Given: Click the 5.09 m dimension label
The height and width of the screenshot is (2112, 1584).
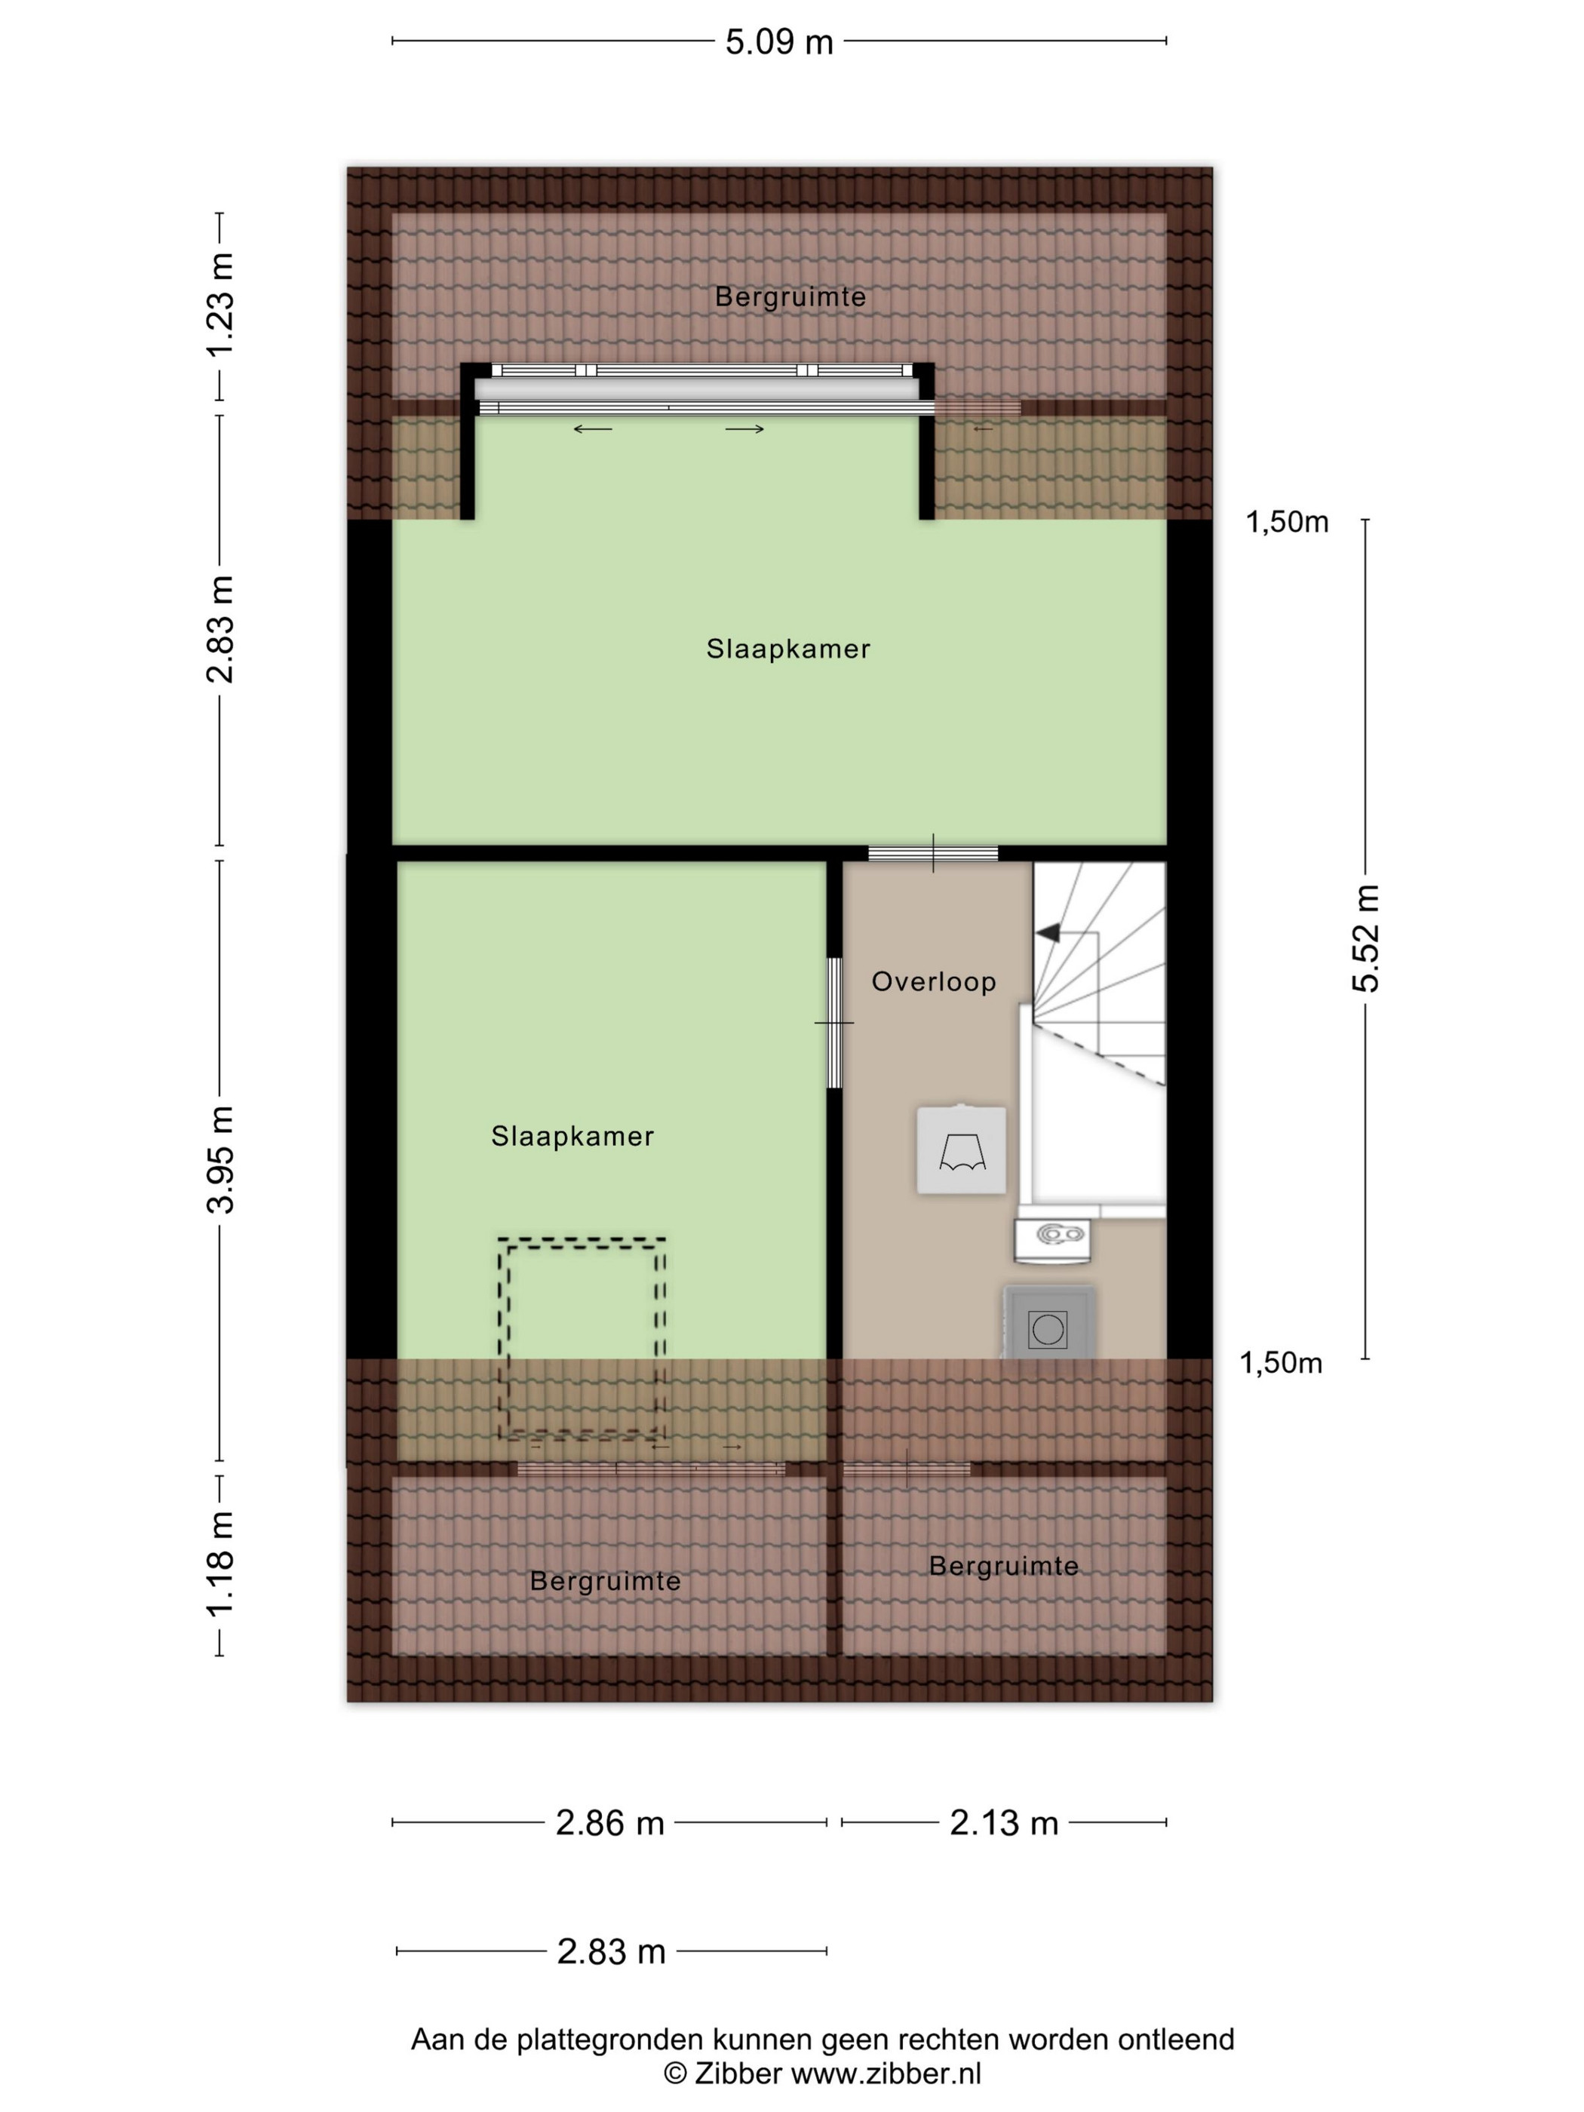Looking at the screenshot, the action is point(778,42).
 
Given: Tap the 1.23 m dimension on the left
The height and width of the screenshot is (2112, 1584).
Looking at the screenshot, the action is point(220,305).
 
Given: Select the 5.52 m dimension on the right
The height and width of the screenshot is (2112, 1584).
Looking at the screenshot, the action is point(1365,938).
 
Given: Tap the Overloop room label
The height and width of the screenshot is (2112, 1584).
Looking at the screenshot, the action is point(934,981).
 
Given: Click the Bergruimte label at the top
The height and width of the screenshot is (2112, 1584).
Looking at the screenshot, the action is point(790,297).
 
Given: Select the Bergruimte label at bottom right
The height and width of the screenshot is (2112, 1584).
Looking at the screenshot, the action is point(1003,1566).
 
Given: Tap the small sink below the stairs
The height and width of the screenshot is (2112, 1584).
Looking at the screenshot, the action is point(1052,1235).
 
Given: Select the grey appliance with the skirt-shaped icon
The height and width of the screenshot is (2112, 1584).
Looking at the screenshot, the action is point(962,1150).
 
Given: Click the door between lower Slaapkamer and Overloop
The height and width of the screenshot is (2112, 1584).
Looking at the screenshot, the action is point(834,1023).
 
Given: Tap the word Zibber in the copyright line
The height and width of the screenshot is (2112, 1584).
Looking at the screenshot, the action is point(738,2074).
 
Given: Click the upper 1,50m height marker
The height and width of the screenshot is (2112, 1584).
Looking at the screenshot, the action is point(1287,522).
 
